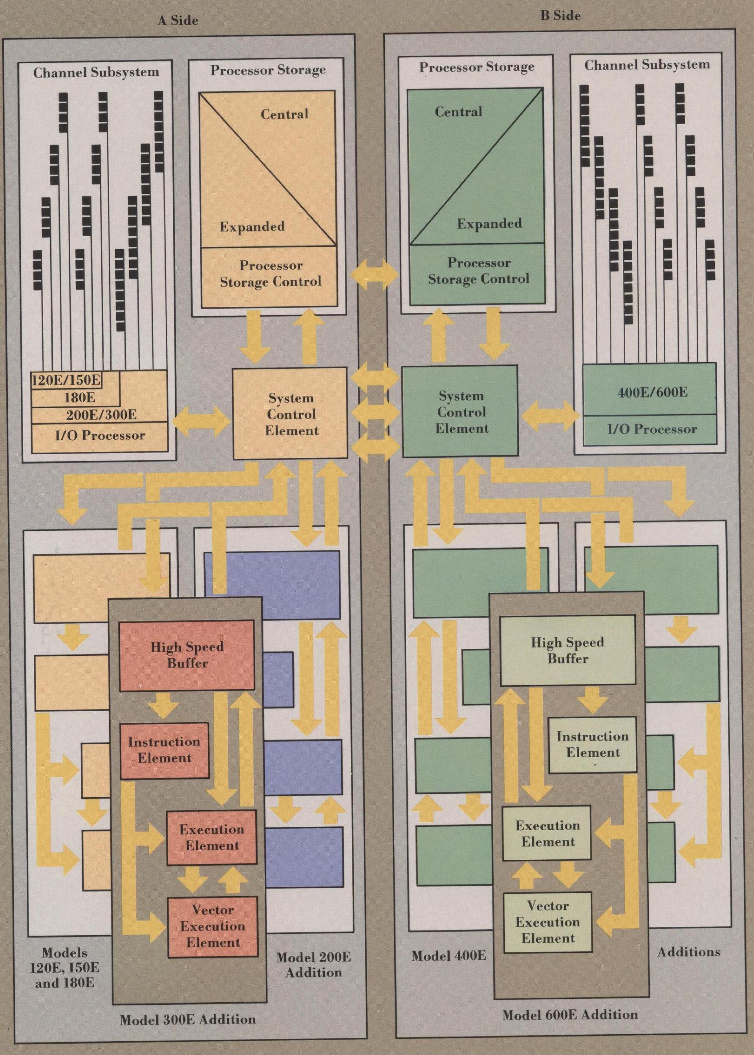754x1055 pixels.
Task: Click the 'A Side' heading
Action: pos(178,20)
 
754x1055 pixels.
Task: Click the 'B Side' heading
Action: pos(560,16)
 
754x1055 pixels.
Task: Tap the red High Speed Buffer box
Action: pos(187,655)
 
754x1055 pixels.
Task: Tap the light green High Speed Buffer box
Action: pos(567,650)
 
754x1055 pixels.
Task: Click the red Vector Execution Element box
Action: pos(212,926)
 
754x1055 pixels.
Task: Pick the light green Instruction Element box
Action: pos(593,744)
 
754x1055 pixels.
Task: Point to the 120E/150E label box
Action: pos(66,380)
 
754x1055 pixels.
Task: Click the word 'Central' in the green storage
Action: pos(458,112)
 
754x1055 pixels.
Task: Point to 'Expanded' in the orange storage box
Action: pos(252,227)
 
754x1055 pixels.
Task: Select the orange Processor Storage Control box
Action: pos(270,273)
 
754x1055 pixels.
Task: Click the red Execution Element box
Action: pos(212,837)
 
